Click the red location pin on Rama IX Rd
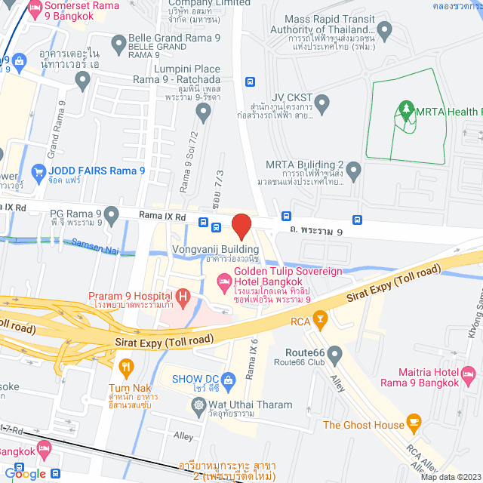[x=241, y=226]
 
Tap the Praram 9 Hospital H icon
[x=183, y=297]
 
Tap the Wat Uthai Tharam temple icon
[x=198, y=405]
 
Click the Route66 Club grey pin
[x=334, y=353]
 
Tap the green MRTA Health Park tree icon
[x=407, y=112]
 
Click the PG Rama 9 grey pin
[x=112, y=215]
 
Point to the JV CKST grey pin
[x=322, y=102]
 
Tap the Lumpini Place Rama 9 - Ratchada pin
[x=202, y=112]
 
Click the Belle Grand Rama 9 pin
[x=118, y=45]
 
